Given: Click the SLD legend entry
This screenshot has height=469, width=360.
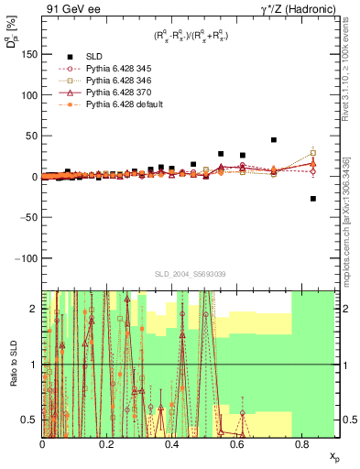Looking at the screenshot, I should (95, 56).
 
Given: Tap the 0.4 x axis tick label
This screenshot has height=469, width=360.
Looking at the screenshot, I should (172, 442).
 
